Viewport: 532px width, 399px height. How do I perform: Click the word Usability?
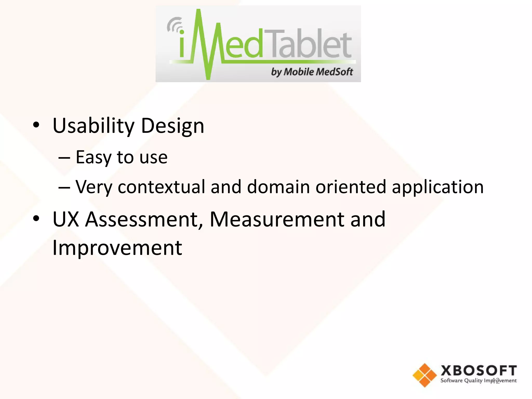[x=94, y=126]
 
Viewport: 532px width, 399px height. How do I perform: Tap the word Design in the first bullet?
[x=172, y=126]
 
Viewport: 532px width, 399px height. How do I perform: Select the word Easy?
[x=94, y=157]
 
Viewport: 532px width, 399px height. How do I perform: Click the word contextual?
[x=161, y=187]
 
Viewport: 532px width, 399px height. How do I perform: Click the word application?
[x=438, y=187]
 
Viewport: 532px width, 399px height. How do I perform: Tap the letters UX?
[x=66, y=220]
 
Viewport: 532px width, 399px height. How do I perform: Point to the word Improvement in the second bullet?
[x=117, y=248]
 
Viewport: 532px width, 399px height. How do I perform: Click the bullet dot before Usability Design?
[x=36, y=125]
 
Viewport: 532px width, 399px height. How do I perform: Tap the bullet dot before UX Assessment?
[x=36, y=218]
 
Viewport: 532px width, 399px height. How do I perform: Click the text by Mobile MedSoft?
[x=312, y=72]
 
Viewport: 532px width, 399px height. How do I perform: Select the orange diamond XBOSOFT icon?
[x=424, y=375]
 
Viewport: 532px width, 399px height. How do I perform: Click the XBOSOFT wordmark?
[x=479, y=370]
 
